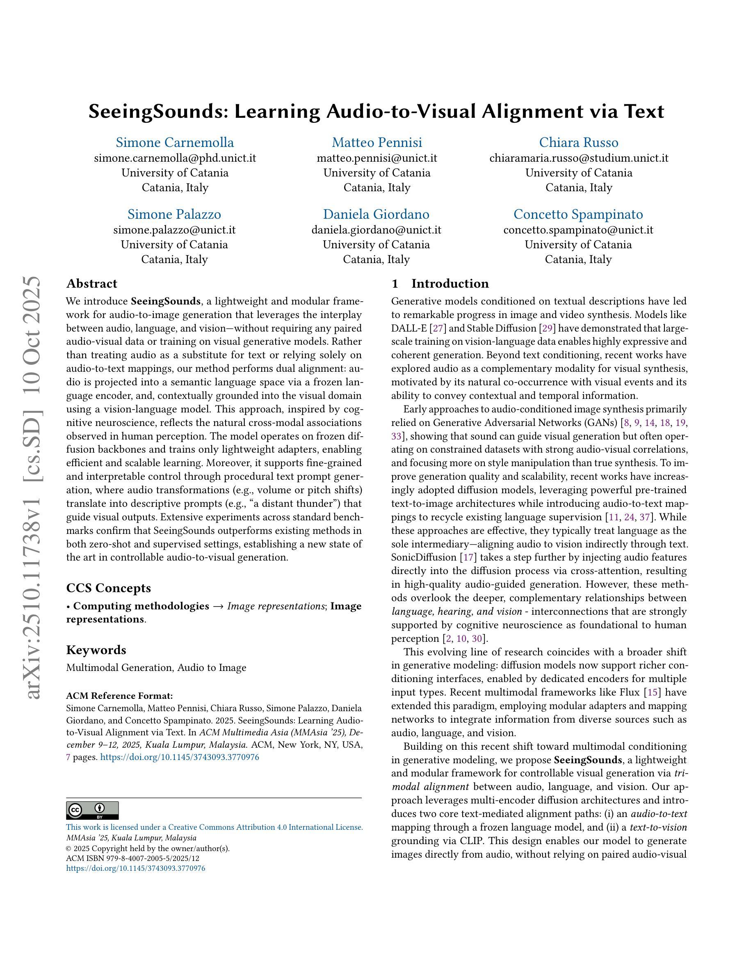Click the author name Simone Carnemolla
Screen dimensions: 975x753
click(174, 142)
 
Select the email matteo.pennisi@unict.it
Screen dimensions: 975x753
click(376, 158)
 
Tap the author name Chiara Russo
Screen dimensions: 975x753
click(579, 142)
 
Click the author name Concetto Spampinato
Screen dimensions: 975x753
click(578, 214)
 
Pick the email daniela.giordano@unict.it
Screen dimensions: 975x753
click(376, 230)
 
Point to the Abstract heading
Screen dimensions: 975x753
click(91, 284)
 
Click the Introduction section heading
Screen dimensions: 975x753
click(450, 284)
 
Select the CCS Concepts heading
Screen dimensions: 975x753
click(108, 588)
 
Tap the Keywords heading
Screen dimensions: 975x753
click(96, 650)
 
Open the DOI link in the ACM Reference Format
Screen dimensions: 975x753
click(179, 757)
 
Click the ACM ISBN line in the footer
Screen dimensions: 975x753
click(132, 858)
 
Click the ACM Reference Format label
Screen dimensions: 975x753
click(119, 696)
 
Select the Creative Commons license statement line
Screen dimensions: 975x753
click(214, 827)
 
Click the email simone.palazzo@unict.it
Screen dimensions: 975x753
click(174, 230)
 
